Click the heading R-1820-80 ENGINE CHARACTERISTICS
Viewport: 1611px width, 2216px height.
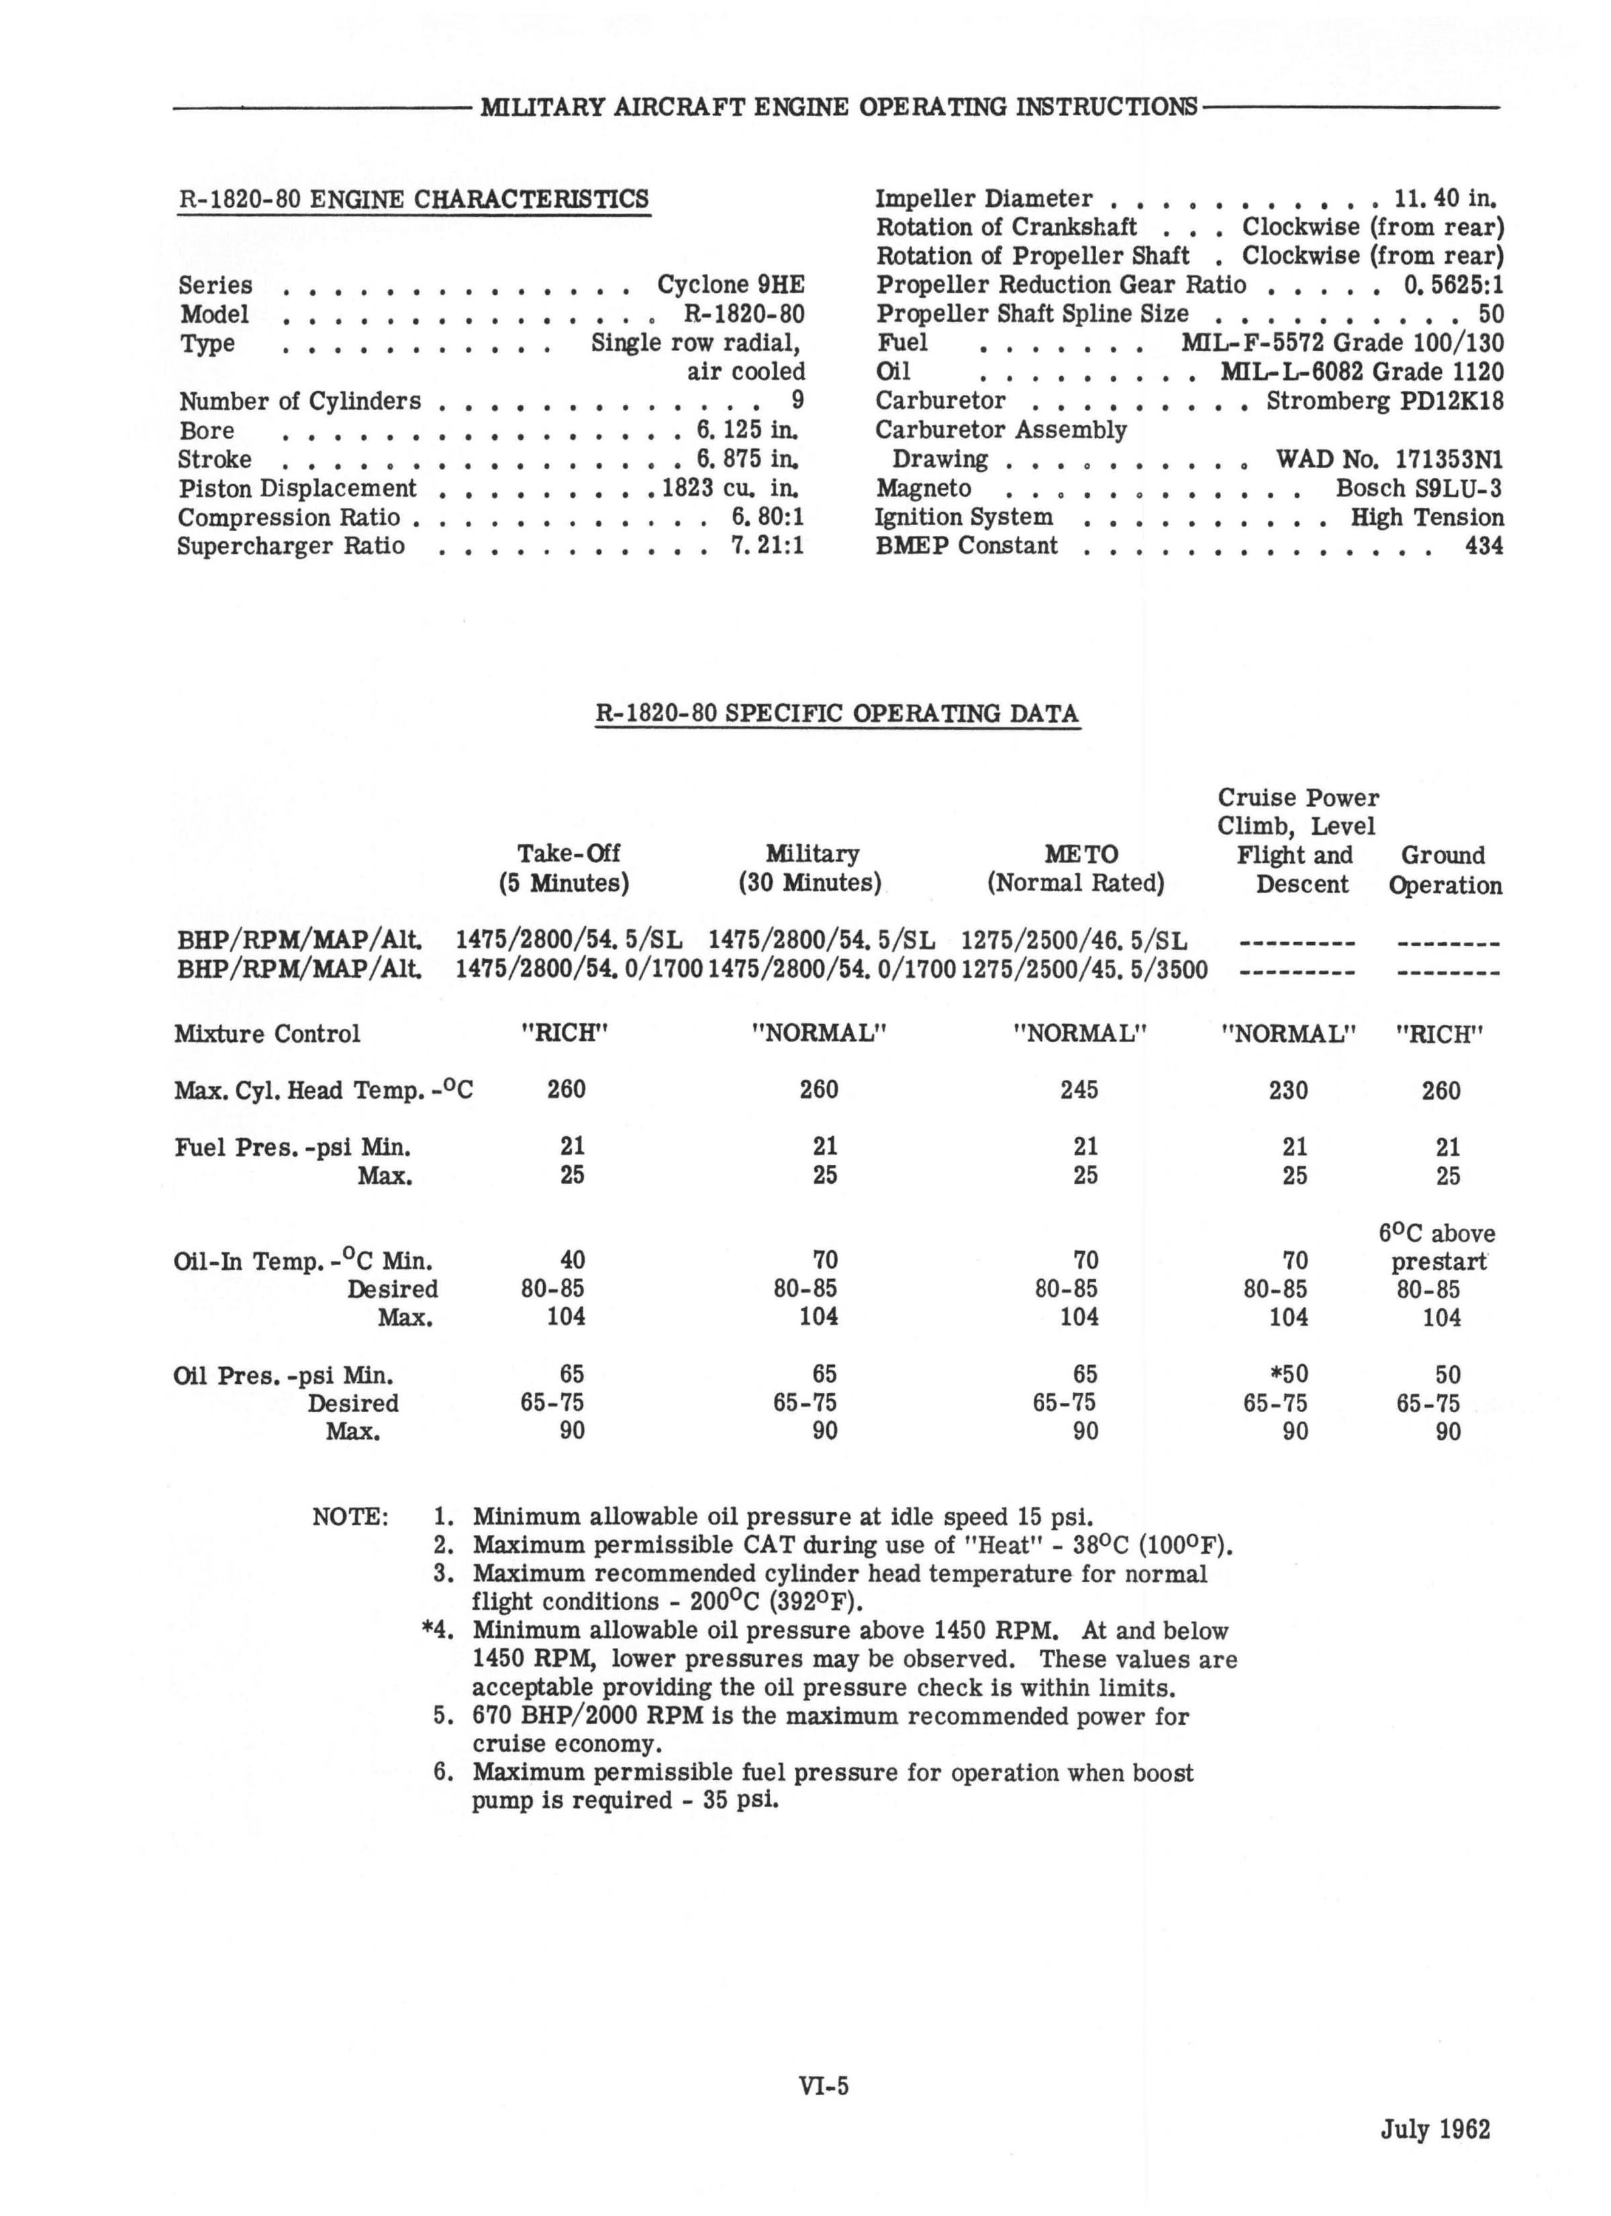(x=413, y=199)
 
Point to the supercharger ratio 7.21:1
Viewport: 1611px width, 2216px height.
(x=767, y=545)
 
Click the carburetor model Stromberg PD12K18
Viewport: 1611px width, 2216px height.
(x=1384, y=401)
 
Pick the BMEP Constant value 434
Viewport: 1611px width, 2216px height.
(x=1483, y=545)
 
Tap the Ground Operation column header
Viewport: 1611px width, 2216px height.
(x=1444, y=870)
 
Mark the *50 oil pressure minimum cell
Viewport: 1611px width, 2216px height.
(x=1287, y=1375)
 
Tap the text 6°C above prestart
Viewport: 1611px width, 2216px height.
(x=1437, y=1248)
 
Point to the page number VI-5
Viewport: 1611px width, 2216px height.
(x=824, y=2086)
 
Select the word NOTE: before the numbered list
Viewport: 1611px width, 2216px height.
(x=350, y=1518)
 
